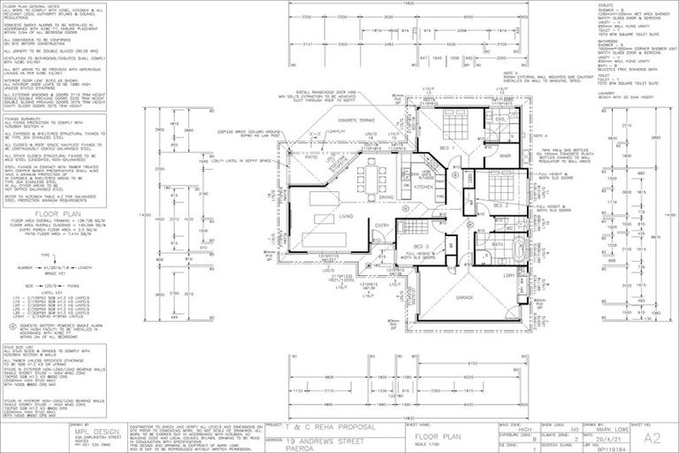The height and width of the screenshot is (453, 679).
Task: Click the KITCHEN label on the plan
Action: (x=423, y=188)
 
